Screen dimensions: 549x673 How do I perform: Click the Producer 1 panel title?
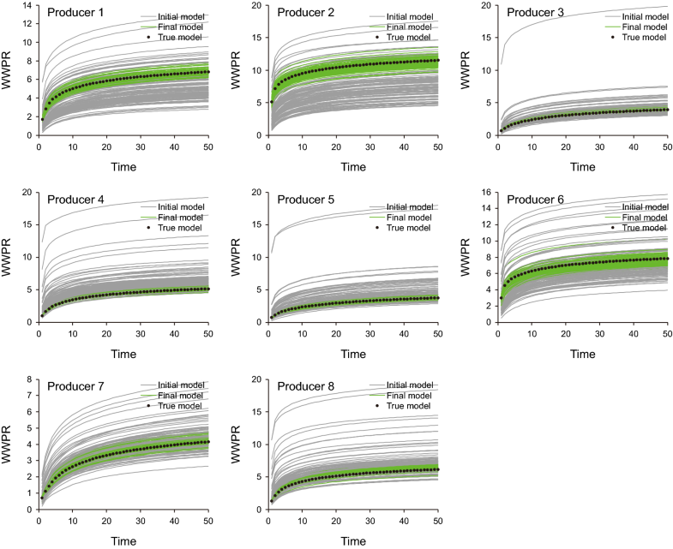(75, 12)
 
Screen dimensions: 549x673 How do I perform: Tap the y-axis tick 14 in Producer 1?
(27, 6)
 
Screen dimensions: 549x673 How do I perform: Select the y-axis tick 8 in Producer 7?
(30, 379)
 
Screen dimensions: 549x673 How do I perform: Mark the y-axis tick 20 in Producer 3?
(487, 6)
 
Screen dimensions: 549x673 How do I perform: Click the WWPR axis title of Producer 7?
(8, 445)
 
